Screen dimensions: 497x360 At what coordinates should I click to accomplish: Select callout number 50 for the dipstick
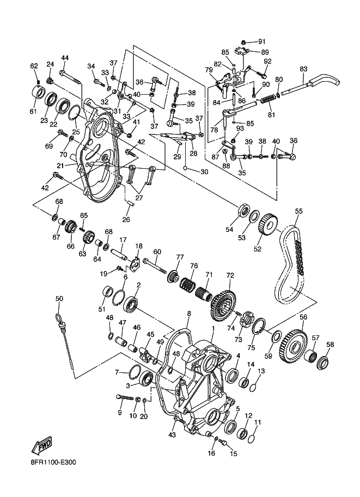coord(59,298)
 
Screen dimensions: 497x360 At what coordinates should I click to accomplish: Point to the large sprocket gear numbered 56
coord(294,343)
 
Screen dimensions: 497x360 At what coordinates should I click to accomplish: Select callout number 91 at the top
coord(261,41)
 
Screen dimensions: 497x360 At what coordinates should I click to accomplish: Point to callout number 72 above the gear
coord(230,275)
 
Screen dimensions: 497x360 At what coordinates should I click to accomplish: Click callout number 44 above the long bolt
coord(65,58)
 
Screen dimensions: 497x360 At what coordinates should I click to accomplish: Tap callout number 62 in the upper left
coord(34,66)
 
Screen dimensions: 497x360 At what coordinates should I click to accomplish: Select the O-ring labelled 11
coord(252,434)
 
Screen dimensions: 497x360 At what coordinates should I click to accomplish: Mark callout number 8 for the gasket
coord(189,314)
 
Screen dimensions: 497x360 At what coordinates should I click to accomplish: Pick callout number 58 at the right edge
coord(330,344)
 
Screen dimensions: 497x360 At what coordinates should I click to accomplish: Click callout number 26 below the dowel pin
coord(126,220)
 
